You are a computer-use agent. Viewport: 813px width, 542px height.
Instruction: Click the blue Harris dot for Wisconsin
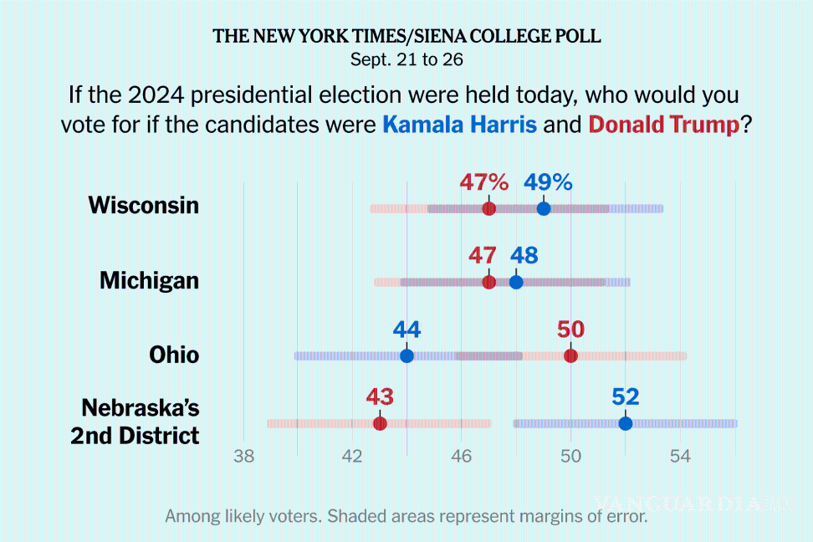tap(544, 208)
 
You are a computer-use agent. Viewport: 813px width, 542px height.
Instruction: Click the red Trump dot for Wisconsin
tap(489, 208)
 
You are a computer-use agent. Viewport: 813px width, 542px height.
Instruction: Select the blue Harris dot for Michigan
tap(516, 282)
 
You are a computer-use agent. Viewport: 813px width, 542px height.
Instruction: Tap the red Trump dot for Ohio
tap(570, 355)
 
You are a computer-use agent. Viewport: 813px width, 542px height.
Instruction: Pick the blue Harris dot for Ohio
tap(406, 355)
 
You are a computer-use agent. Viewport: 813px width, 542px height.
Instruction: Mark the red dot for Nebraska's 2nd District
tap(380, 423)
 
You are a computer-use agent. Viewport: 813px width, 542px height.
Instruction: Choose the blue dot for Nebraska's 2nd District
tap(625, 423)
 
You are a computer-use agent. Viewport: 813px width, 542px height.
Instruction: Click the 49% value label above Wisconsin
tap(548, 182)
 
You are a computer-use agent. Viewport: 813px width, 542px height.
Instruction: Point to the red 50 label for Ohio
tap(570, 330)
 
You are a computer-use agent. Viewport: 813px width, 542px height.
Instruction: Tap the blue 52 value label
tap(625, 396)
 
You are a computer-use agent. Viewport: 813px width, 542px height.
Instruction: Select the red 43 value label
tap(380, 396)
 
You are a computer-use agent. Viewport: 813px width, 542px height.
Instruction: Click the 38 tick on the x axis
tap(243, 457)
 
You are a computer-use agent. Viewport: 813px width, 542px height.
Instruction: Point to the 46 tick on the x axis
tap(462, 457)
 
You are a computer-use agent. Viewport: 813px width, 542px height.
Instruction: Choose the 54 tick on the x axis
tap(680, 457)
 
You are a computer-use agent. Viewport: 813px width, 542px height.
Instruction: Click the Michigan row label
tap(149, 281)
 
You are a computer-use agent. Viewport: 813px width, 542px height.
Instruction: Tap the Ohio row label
tap(174, 355)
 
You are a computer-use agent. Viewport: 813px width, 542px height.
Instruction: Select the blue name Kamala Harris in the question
tap(459, 125)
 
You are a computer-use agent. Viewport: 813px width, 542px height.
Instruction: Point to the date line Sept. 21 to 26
tap(406, 60)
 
